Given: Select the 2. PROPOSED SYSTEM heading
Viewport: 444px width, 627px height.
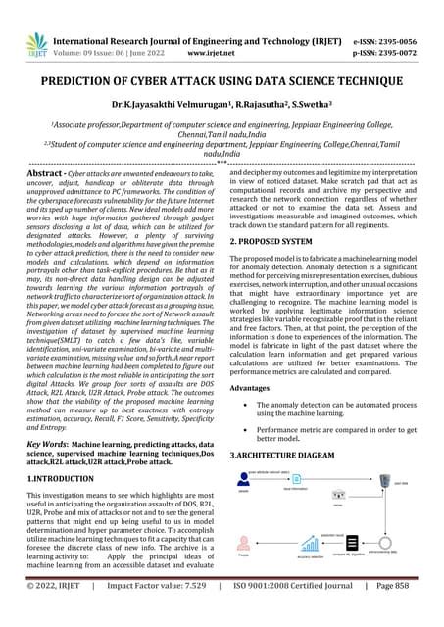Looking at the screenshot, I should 279,240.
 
